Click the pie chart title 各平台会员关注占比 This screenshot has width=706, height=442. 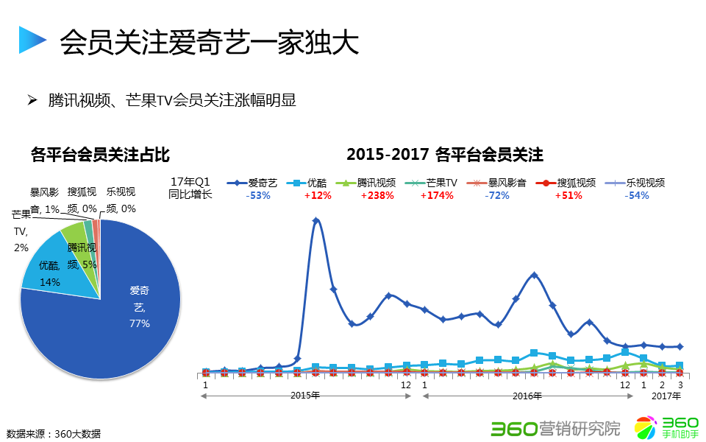click(x=101, y=155)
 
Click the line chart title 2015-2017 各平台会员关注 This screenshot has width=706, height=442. click(x=445, y=155)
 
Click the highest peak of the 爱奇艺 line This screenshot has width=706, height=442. click(x=315, y=220)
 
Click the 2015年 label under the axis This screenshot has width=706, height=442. click(x=304, y=396)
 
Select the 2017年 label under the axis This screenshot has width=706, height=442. click(x=667, y=396)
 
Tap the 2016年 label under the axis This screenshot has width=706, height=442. click(x=527, y=396)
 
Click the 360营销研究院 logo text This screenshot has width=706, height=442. click(x=555, y=427)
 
